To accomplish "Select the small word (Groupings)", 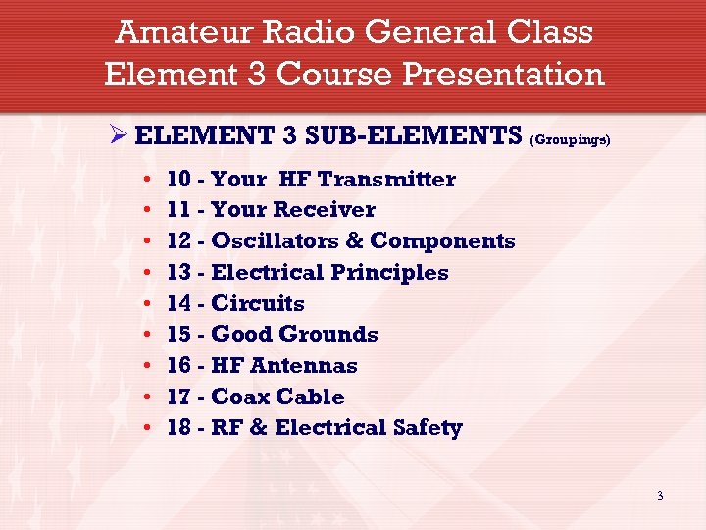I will click(570, 140).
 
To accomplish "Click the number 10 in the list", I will click(179, 179).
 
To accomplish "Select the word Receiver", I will click(324, 210).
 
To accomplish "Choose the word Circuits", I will click(258, 304).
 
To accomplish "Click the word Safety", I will click(427, 429).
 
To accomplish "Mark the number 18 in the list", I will click(179, 429).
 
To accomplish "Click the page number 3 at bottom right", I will click(660, 496).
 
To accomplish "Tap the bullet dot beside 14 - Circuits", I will click(145, 304).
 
